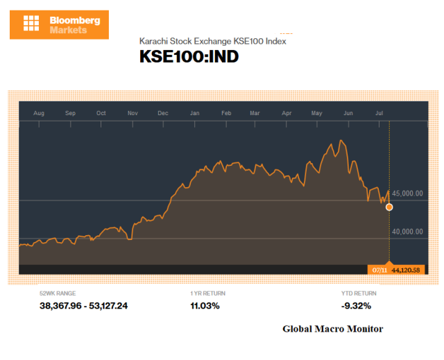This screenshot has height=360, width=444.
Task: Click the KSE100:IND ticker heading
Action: click(x=189, y=57)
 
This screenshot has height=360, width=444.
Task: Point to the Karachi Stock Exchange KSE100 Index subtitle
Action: click(x=212, y=41)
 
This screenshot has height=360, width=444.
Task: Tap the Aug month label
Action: click(x=39, y=112)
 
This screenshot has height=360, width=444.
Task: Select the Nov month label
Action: click(x=133, y=112)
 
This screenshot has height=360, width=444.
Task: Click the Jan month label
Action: click(x=195, y=112)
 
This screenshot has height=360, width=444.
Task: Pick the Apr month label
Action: click(x=287, y=112)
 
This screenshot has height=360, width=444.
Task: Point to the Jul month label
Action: click(x=379, y=112)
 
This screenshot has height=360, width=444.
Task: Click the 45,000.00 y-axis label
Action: click(x=407, y=194)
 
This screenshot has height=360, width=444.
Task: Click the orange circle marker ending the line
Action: click(x=389, y=207)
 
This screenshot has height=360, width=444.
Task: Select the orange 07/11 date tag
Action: click(x=379, y=270)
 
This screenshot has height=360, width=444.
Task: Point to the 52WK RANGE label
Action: click(x=58, y=293)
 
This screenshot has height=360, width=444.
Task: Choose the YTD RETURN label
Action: click(x=358, y=293)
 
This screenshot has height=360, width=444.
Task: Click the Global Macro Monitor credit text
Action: click(x=332, y=329)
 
